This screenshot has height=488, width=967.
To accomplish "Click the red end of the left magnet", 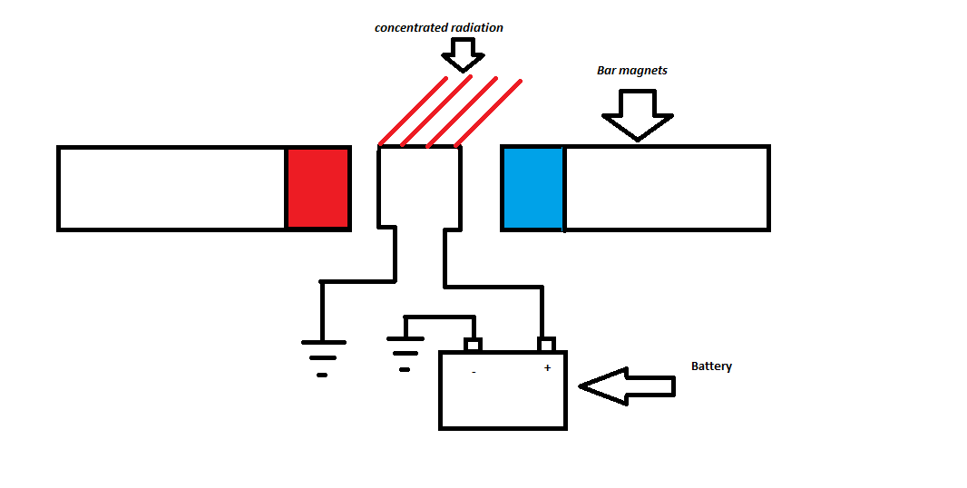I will click(318, 189).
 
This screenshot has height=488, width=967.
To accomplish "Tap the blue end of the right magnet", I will click(533, 189).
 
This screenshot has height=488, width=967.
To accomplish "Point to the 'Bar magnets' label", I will click(631, 70).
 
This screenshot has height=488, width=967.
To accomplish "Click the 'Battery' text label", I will click(711, 366).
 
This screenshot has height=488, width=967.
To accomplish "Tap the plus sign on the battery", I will click(547, 368).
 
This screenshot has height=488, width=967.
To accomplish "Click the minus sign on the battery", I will click(474, 372).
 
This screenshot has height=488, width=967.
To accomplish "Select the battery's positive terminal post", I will click(546, 345).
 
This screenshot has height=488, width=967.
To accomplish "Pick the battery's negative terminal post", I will click(473, 345).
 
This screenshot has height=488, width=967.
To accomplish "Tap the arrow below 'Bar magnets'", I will click(637, 114).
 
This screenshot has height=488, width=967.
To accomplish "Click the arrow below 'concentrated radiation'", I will click(464, 56).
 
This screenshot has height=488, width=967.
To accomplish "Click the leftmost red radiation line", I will click(414, 112).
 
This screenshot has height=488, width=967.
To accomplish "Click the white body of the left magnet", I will click(172, 189).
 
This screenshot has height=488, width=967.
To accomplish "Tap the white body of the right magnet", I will click(667, 189).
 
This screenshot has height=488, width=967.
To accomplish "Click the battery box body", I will click(503, 399).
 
